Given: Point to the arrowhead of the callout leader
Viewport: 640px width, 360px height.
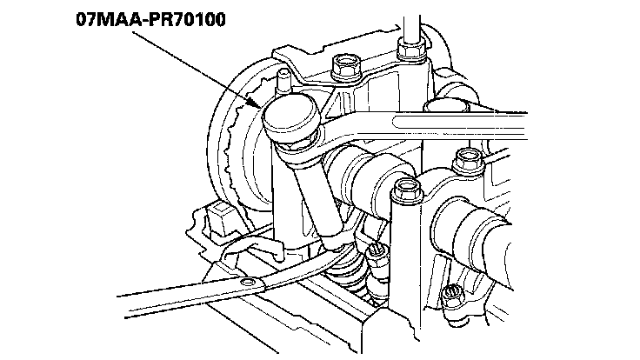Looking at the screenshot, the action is pyautogui.click(x=258, y=104).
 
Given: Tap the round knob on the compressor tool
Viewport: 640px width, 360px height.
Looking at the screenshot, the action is pyautogui.click(x=291, y=115).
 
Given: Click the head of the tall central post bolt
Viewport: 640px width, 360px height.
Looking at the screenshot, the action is pyautogui.click(x=404, y=188).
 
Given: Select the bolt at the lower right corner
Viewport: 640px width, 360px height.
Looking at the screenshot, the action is pyautogui.click(x=454, y=296).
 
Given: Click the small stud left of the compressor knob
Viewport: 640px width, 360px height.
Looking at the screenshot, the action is pyautogui.click(x=280, y=80).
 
